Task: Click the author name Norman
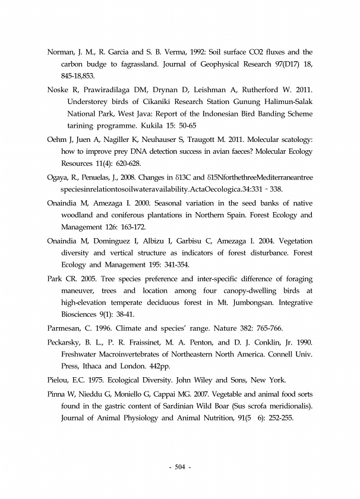61,52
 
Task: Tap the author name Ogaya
59,176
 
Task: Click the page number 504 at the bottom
180,466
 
